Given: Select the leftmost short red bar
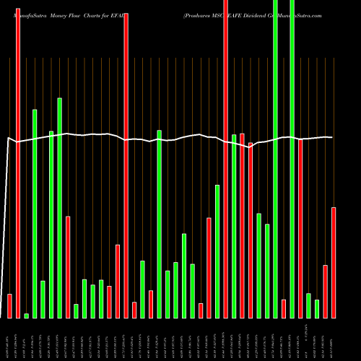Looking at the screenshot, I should point(9,306).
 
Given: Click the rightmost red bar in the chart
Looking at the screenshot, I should point(334,262).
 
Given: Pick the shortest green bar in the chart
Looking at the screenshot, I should point(26,316).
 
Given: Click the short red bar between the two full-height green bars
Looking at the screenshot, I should point(284,308).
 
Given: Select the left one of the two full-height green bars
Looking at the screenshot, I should point(275,159).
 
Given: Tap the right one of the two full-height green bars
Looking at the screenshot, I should point(292,159).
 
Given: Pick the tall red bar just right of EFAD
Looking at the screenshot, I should point(126,166).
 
